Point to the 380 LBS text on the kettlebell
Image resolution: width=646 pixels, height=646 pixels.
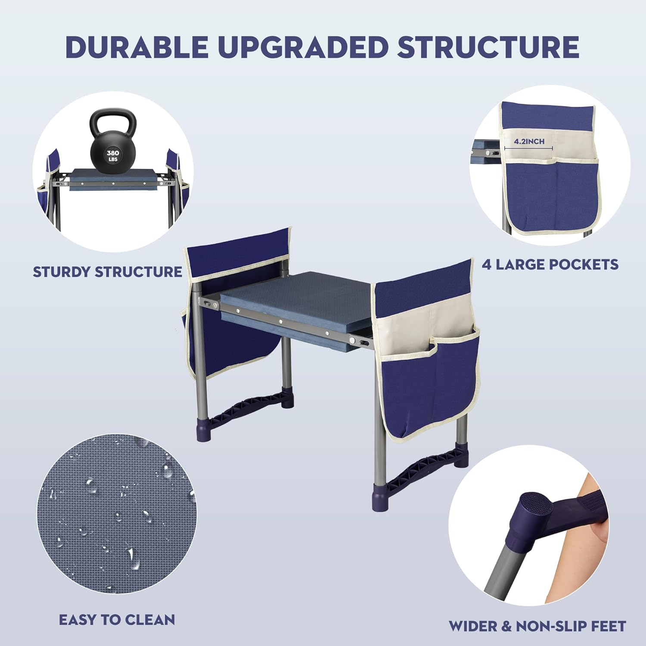pyautogui.click(x=113, y=155)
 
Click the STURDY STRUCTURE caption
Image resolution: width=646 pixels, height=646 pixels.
pyautogui.click(x=108, y=272)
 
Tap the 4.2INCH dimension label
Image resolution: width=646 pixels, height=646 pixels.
pyautogui.click(x=529, y=141)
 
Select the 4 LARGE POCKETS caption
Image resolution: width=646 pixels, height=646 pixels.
pyautogui.click(x=550, y=264)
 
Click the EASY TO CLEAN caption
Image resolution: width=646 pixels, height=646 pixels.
pyautogui.click(x=117, y=620)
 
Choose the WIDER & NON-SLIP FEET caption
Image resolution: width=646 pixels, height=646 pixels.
pyautogui.click(x=537, y=626)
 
